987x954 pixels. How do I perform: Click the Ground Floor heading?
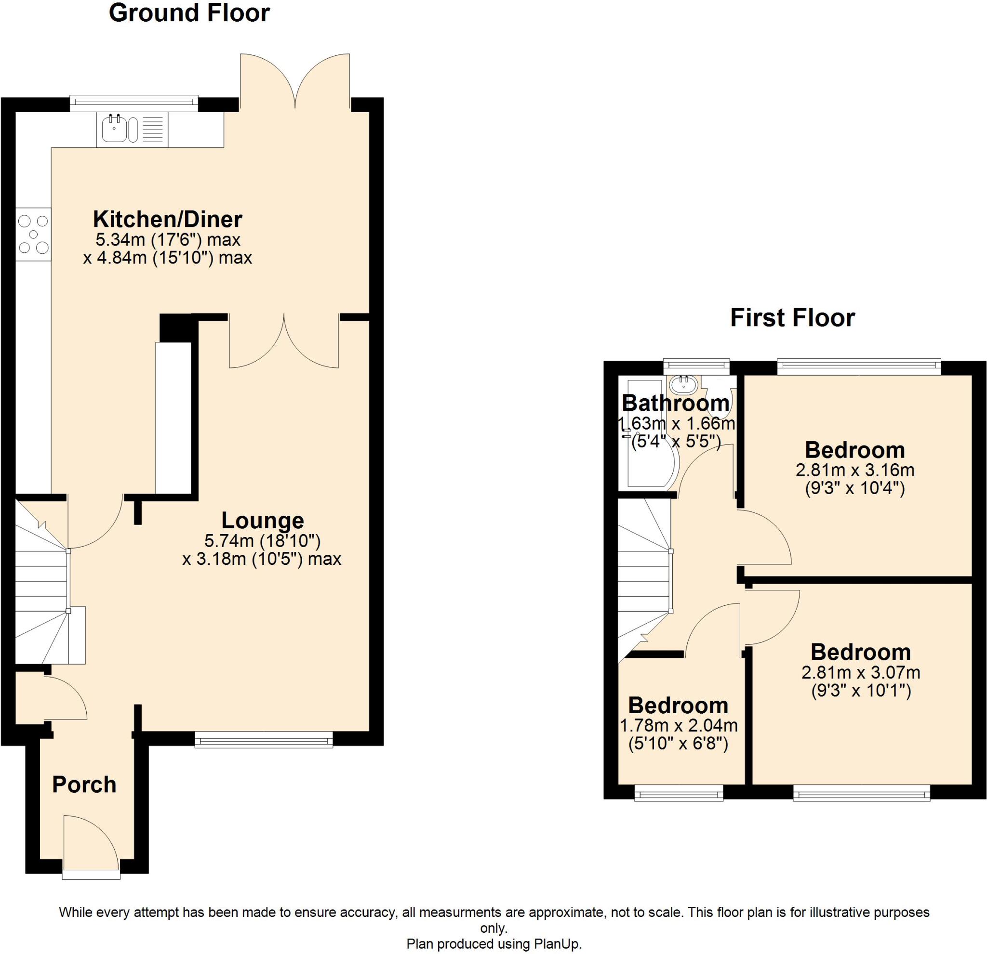[189, 13]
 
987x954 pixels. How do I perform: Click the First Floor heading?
[792, 318]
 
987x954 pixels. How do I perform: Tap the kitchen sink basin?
[113, 130]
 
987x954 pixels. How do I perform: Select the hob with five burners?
[33, 235]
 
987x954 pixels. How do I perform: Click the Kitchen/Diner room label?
[168, 220]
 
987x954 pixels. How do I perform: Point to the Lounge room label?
[262, 520]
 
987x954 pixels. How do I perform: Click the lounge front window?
[264, 740]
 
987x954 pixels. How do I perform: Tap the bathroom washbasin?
[683, 385]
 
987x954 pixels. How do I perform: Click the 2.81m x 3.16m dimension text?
[854, 470]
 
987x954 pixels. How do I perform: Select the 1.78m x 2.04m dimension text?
[678, 726]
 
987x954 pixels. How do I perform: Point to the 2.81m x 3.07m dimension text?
[861, 672]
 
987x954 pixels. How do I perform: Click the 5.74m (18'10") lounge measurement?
[262, 541]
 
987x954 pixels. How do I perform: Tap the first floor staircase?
[644, 579]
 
